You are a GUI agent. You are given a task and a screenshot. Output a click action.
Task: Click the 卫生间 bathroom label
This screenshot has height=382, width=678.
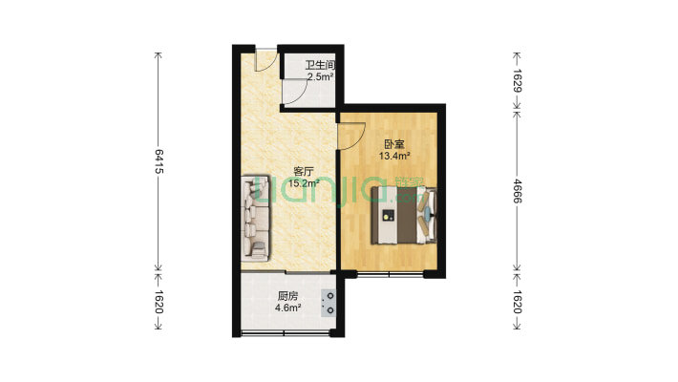click(x=321, y=65)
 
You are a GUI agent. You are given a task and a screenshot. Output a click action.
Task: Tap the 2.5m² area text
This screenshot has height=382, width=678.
click(x=321, y=77)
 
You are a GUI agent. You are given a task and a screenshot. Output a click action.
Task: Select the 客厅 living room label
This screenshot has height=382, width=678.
click(x=304, y=171)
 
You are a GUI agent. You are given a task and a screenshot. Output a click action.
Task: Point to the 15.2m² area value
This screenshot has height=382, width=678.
click(x=304, y=183)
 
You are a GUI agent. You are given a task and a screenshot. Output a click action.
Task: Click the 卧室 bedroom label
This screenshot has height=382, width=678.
click(x=394, y=144)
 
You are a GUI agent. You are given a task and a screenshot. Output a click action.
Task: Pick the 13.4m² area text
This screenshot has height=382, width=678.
click(x=394, y=156)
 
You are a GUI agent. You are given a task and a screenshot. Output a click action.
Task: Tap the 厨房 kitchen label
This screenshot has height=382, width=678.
click(x=288, y=296)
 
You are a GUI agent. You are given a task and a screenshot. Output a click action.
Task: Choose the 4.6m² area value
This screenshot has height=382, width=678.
click(x=288, y=308)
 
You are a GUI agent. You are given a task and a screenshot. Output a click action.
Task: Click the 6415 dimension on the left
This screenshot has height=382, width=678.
click(x=159, y=161)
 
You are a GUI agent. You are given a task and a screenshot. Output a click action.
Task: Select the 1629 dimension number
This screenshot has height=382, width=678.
click(x=518, y=81)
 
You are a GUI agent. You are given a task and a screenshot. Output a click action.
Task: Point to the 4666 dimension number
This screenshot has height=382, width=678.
click(x=518, y=191)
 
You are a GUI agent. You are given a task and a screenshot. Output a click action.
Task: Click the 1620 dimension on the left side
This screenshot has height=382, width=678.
click(x=159, y=302)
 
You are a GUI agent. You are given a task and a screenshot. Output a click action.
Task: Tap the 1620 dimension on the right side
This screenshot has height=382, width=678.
click(x=518, y=302)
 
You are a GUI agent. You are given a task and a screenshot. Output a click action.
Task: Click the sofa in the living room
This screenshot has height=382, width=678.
click(x=256, y=218)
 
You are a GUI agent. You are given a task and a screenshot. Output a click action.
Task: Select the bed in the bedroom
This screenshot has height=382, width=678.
click(x=404, y=215)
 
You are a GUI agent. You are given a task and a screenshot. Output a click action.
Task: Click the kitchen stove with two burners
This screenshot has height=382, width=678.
click(x=328, y=303)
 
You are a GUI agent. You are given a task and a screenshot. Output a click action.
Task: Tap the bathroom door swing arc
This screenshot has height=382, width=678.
click(x=301, y=96)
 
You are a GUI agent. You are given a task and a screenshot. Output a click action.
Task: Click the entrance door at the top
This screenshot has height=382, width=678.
click(x=265, y=60)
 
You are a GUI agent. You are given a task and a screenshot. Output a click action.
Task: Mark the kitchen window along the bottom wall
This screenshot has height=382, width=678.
click(x=285, y=332)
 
